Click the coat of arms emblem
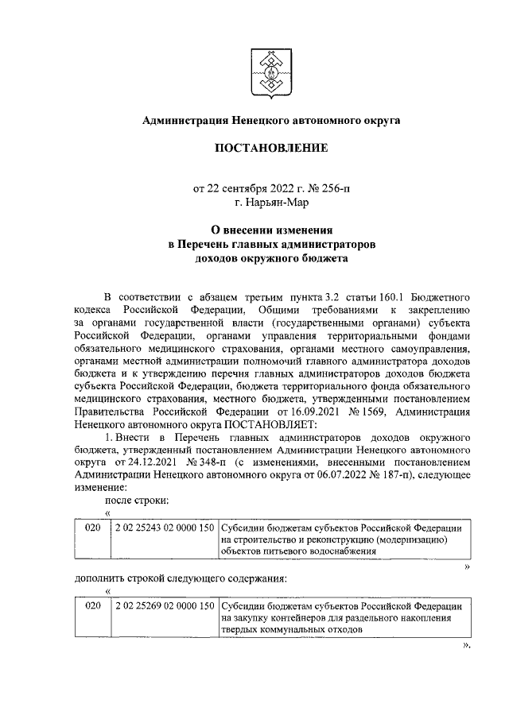(x=270, y=71)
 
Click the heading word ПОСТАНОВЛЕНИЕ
(x=270, y=149)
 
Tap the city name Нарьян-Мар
(x=279, y=203)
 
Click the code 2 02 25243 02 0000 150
(x=165, y=528)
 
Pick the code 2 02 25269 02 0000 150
(x=165, y=606)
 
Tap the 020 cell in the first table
(x=93, y=528)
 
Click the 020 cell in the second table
(x=93, y=606)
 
